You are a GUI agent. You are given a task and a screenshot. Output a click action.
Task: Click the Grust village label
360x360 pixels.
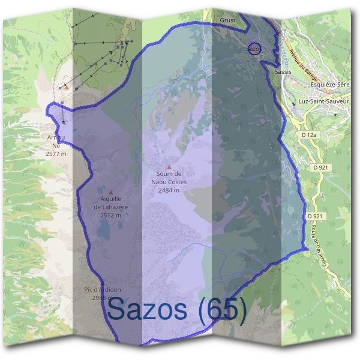(228, 20)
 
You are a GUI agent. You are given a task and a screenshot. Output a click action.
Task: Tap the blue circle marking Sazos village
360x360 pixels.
(254, 49)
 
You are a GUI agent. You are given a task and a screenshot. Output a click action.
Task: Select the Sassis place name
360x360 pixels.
(282, 71)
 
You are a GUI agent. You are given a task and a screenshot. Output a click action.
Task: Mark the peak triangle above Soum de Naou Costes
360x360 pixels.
(169, 167)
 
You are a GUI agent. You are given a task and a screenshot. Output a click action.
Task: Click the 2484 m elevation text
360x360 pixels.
(169, 190)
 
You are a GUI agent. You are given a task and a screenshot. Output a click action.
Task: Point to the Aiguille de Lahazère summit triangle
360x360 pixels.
(110, 193)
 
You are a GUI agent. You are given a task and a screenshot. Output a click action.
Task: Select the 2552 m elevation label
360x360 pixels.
(111, 215)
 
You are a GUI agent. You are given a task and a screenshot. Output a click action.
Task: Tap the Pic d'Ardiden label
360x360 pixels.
(99, 289)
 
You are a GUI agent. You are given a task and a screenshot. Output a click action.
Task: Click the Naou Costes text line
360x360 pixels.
(169, 182)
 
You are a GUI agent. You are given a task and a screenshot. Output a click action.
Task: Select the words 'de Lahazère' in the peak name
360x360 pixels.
(111, 207)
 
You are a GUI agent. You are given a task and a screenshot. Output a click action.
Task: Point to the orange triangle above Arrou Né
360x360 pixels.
(67, 87)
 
